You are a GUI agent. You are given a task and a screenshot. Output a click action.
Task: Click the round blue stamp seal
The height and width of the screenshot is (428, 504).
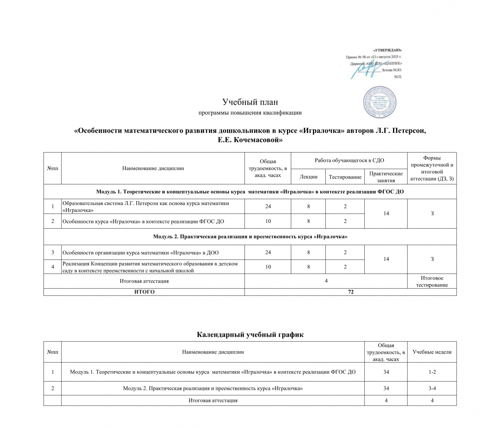pos(380,102)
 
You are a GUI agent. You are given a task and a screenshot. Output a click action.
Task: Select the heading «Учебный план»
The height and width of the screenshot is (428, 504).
pos(250,102)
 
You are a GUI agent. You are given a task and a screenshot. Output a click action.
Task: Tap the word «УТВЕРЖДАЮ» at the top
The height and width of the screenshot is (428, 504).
pos(387,50)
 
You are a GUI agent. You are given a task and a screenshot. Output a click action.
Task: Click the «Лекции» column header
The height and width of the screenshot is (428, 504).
pos(308,177)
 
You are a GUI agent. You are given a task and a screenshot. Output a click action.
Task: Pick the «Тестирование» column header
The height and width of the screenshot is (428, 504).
pos(345,177)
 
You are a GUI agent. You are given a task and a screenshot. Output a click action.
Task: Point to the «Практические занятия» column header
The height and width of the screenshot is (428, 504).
pos(386,177)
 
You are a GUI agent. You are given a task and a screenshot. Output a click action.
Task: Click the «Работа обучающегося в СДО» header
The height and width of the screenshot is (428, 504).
pos(349,160)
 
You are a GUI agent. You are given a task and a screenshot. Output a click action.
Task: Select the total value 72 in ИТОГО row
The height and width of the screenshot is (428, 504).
pos(351,292)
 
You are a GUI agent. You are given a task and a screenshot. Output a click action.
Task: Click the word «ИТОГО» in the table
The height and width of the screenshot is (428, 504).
pos(144,292)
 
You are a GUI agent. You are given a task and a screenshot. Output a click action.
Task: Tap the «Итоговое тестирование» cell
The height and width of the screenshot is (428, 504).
pos(432,281)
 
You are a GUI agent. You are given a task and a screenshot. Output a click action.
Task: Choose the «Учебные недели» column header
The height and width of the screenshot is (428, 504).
pos(432,352)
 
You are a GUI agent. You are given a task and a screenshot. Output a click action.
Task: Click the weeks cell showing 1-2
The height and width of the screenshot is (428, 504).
pos(432,372)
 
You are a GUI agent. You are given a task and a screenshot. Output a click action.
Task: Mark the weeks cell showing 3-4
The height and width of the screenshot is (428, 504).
pos(432,388)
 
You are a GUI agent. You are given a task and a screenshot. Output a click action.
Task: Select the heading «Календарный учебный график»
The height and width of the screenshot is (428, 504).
pos(250,335)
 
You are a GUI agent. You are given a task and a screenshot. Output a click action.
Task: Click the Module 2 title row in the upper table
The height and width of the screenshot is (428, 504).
pos(250,236)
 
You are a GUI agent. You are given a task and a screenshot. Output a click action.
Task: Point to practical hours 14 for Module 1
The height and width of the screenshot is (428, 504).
pos(386,213)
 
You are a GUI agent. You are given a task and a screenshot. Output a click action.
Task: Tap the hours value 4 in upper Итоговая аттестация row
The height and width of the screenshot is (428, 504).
pos(326,281)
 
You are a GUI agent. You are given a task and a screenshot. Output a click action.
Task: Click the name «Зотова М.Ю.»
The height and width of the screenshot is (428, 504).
pos(391,70)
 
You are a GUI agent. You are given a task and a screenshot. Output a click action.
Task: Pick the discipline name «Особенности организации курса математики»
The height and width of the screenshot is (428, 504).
pos(140,253)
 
